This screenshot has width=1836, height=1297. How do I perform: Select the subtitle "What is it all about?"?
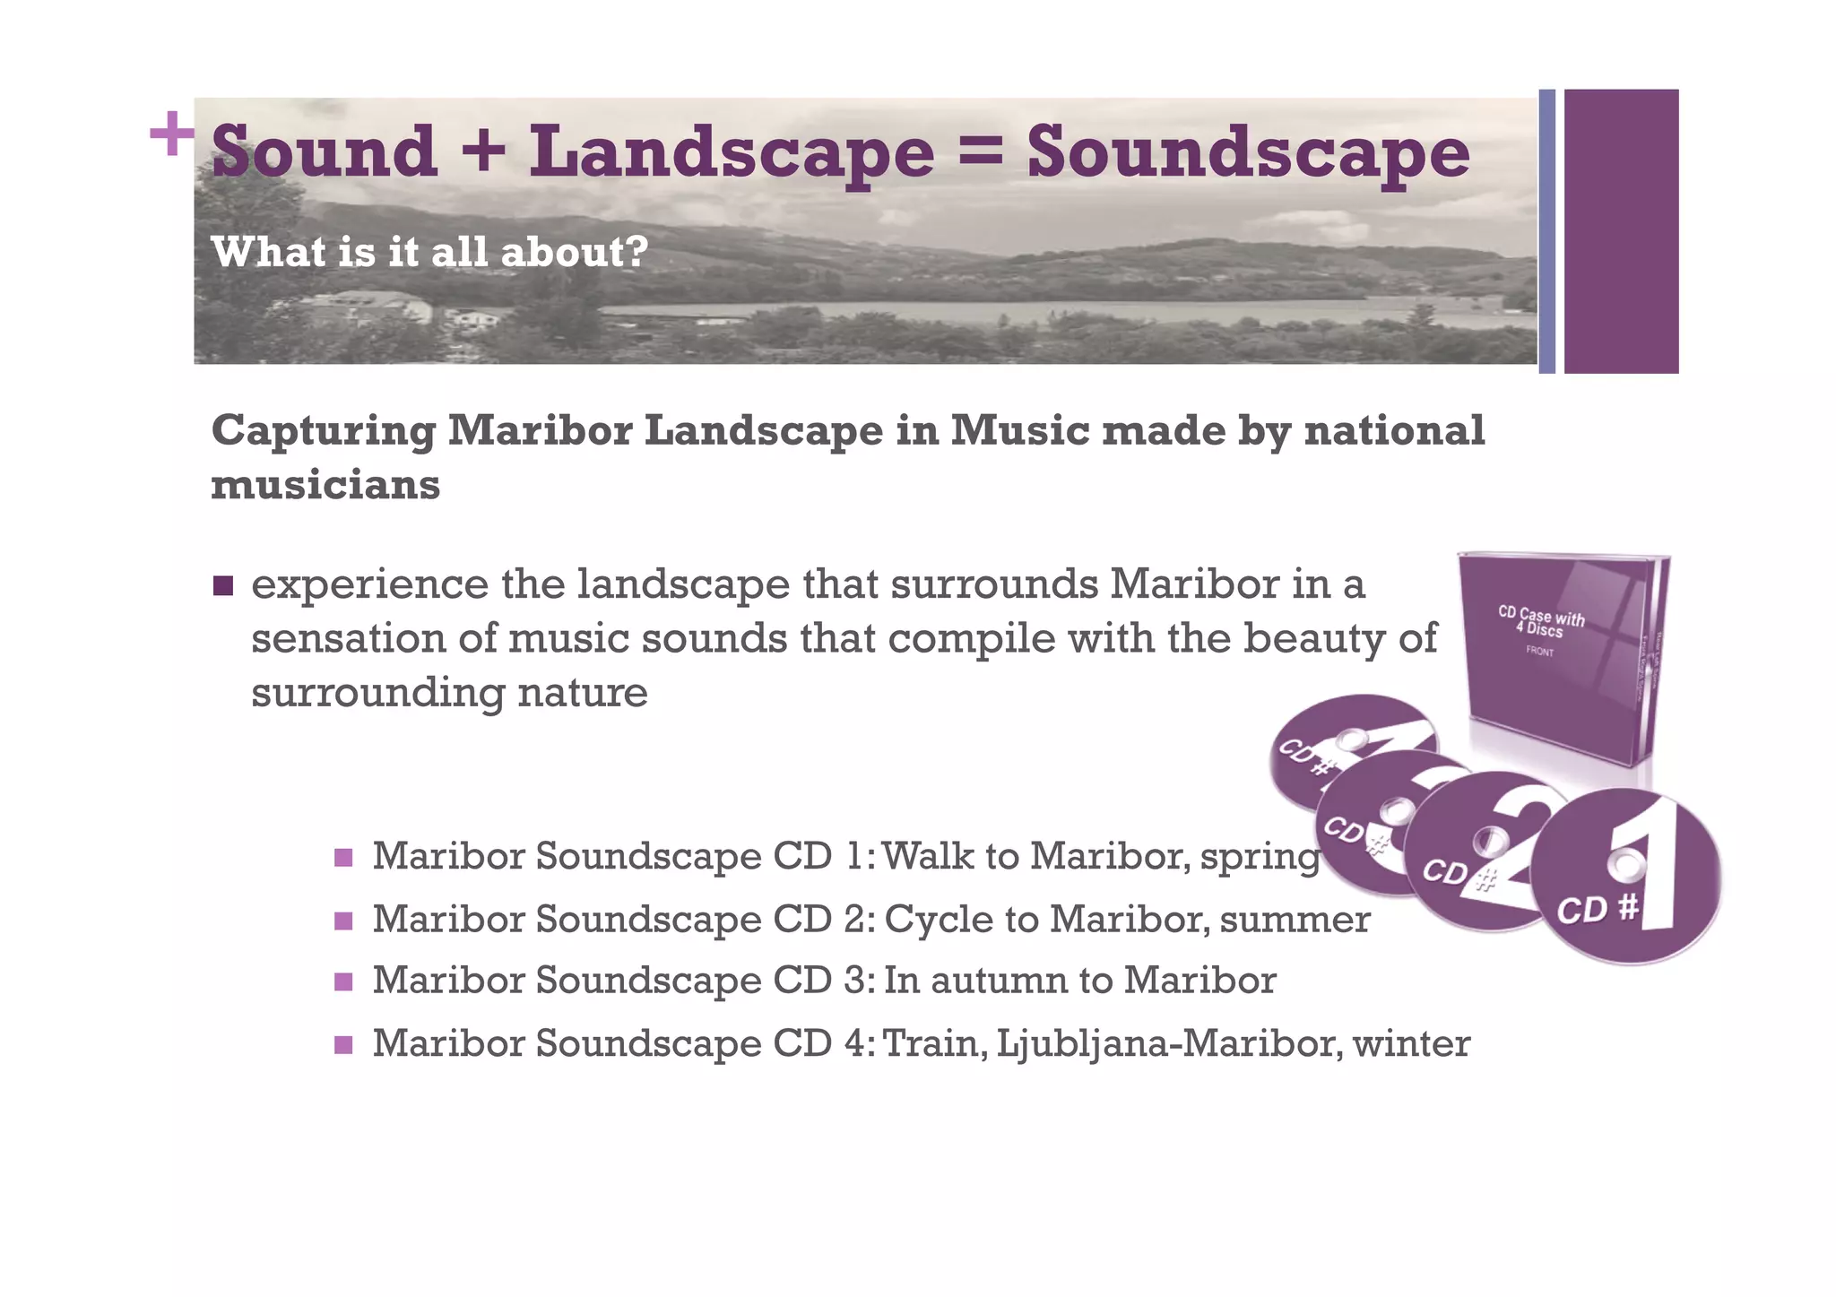tap(429, 252)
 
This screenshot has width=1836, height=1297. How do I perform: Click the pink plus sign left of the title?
tap(171, 134)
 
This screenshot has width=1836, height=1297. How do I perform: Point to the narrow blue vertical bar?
tap(1546, 231)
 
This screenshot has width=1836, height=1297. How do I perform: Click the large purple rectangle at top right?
tap(1621, 231)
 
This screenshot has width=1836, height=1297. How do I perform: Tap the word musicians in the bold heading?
tap(325, 485)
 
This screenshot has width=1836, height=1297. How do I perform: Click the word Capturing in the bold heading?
tap(323, 432)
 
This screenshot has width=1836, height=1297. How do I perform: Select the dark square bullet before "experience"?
tap(223, 587)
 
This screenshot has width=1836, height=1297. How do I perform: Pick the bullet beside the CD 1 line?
tap(343, 858)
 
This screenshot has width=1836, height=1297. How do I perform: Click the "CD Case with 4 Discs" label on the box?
tap(1541, 624)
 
